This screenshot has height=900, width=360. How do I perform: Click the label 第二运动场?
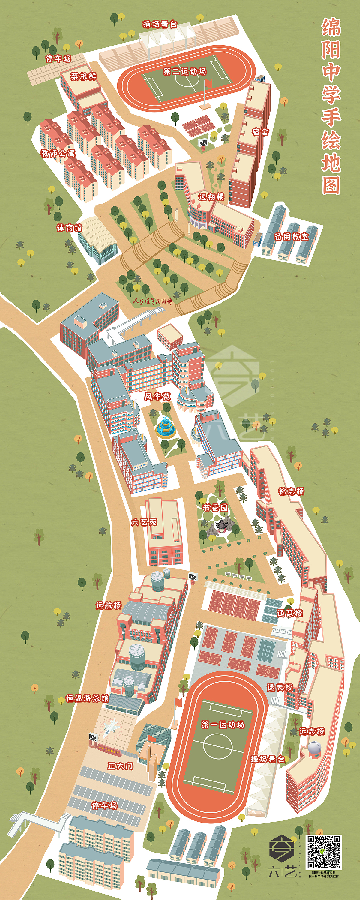[x=185, y=72]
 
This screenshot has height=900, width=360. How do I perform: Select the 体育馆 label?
[x=69, y=228]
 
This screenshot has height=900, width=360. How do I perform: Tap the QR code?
[x=323, y=852]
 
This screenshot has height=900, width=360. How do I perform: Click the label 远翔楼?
[x=211, y=197]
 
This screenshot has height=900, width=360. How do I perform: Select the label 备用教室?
[x=291, y=236]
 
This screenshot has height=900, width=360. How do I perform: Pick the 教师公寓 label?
[x=58, y=153]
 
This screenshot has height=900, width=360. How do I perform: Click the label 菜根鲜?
[x=83, y=76]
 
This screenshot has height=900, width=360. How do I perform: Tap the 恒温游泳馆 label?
[x=87, y=698]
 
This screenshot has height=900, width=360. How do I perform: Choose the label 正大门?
[x=120, y=766]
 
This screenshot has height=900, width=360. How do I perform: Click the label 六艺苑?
[x=144, y=522]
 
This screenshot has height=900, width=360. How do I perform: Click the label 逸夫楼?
[x=280, y=687]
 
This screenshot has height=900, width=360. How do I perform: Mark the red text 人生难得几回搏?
[x=152, y=301]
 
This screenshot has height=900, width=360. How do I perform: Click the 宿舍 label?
[x=261, y=132]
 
